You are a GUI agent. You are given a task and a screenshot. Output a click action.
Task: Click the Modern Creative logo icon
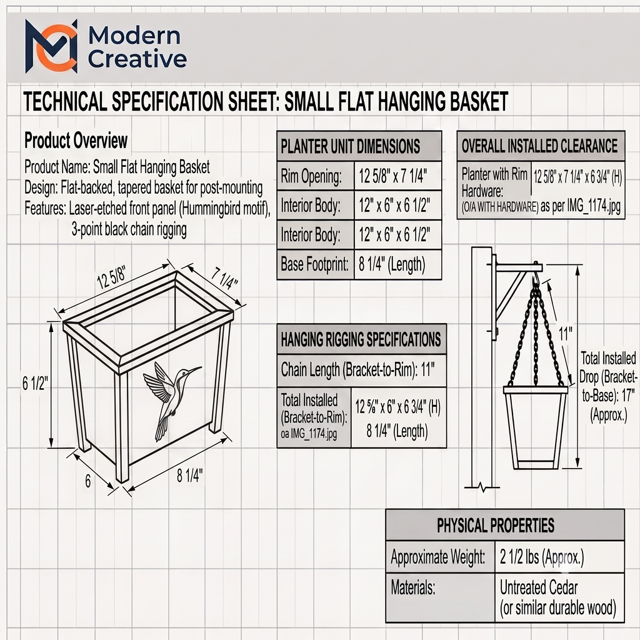click(x=51, y=46)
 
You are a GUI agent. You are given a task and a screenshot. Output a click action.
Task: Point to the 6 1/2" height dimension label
click(x=35, y=383)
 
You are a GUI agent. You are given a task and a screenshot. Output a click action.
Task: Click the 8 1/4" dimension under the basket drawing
click(x=189, y=476)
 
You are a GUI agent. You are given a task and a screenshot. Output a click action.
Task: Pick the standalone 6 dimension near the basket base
click(x=87, y=481)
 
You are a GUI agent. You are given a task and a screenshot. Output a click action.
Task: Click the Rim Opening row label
click(x=311, y=176)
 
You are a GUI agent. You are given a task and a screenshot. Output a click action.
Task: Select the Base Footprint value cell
click(x=397, y=264)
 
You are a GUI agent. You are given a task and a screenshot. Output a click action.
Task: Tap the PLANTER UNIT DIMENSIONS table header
click(x=359, y=146)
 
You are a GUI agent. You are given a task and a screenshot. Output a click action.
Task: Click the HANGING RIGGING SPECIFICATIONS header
click(x=362, y=339)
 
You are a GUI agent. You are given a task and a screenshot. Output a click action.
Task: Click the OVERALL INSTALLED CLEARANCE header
click(x=541, y=146)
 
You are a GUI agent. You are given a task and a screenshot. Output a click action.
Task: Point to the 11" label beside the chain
click(x=565, y=334)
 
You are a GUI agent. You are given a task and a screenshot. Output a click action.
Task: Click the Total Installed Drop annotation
click(x=608, y=386)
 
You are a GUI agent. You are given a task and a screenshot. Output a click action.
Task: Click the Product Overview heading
click(x=76, y=141)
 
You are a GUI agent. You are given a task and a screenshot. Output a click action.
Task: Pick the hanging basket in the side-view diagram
click(x=535, y=427)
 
